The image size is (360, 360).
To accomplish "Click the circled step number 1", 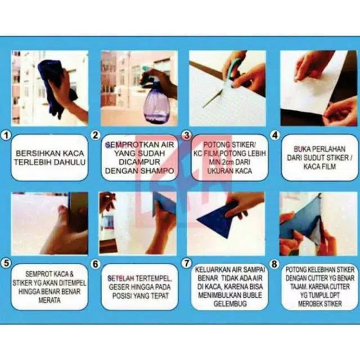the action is [6, 135].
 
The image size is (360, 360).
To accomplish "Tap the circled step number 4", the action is [275, 135].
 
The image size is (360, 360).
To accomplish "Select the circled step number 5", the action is [6, 263].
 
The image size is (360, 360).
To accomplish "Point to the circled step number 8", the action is [274, 264].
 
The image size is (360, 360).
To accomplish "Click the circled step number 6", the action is [95, 264].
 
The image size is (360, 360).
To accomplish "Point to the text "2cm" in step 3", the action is [227, 162].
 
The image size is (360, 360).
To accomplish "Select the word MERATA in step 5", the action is [49, 300].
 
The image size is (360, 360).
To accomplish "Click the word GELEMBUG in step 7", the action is [230, 304].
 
